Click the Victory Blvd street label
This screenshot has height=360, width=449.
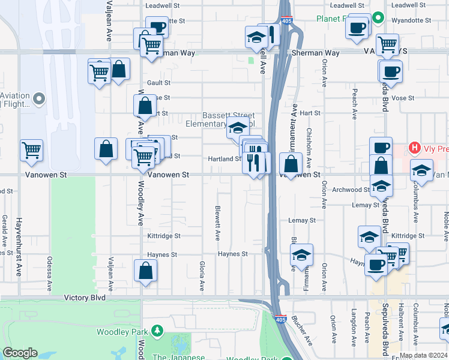click(85, 298)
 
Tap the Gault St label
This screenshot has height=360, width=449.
click(159, 83)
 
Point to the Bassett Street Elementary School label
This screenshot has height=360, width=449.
click(228, 119)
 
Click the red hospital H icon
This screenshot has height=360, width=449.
click(414, 147)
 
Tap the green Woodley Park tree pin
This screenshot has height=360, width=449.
click(157, 331)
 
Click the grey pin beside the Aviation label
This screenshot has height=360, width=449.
click(40, 98)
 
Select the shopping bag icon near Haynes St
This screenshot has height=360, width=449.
click(145, 271)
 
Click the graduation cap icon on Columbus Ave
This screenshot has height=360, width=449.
click(421, 170)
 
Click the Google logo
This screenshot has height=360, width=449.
click(20, 353)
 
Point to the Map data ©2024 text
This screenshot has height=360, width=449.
click(423, 355)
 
